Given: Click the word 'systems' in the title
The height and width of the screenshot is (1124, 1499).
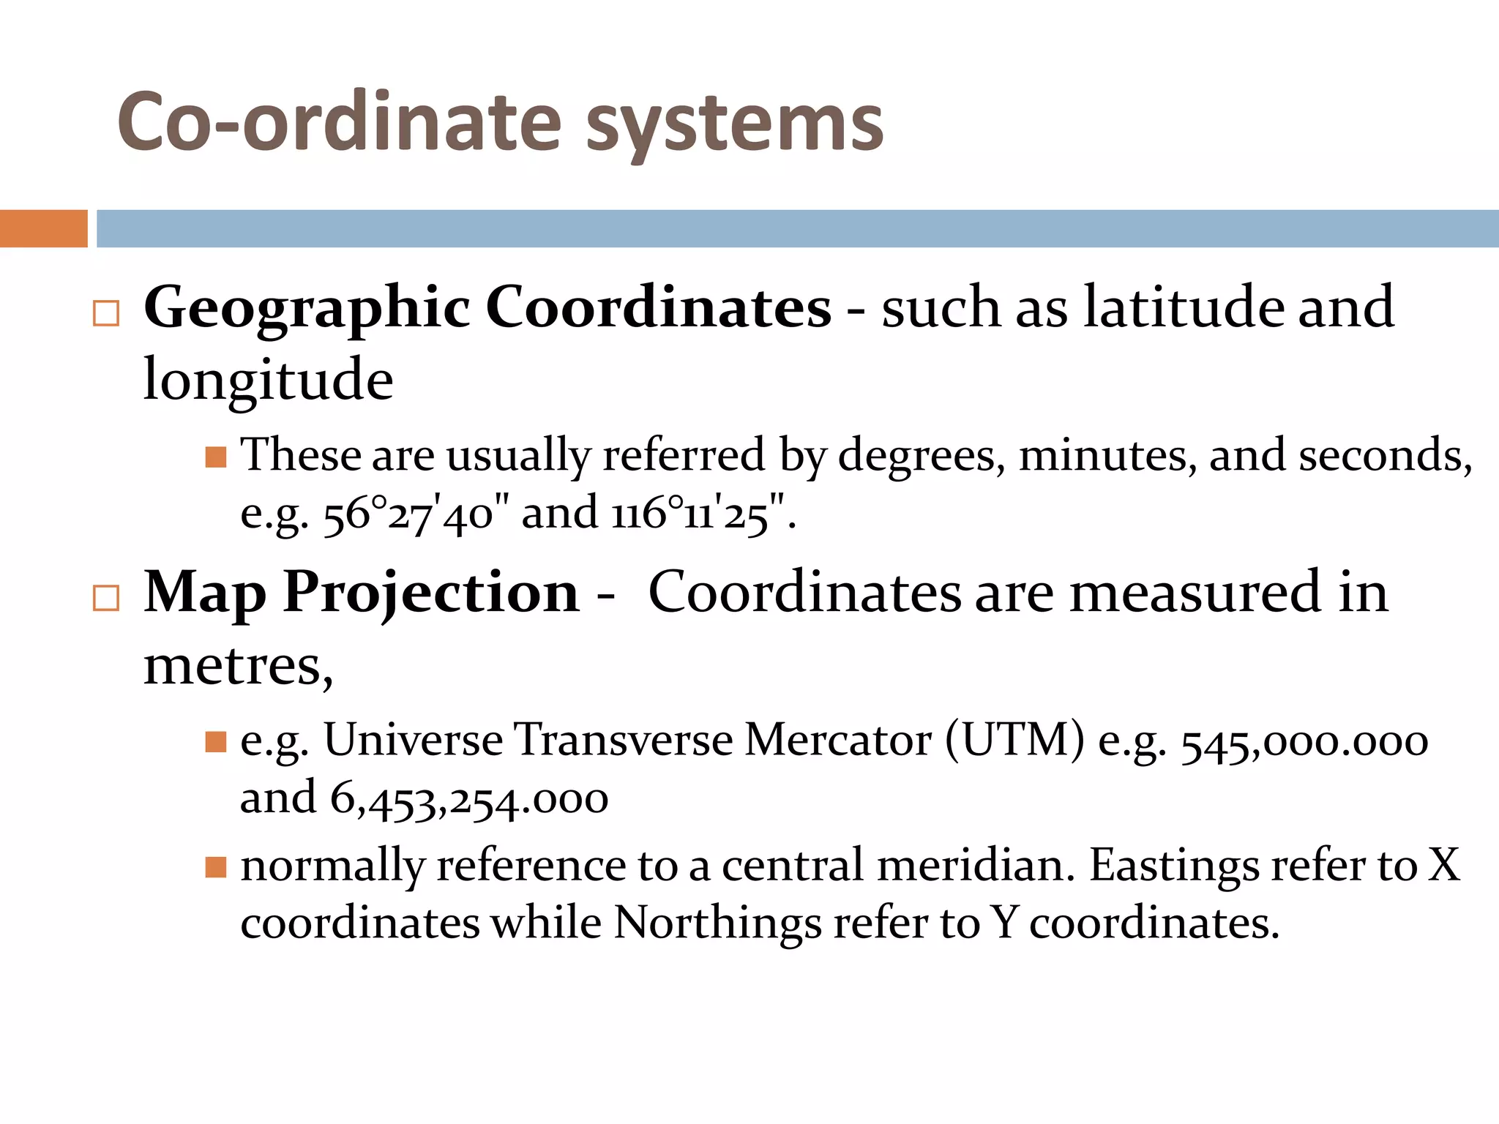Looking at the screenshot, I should [735, 124].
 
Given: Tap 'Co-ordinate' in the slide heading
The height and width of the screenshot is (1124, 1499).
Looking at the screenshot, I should [339, 122].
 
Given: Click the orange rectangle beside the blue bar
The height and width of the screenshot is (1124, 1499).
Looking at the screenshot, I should [43, 228].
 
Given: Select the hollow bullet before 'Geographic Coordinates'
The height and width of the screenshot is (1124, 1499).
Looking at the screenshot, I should [106, 313].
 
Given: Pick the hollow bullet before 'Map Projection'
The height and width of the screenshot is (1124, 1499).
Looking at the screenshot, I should [106, 598].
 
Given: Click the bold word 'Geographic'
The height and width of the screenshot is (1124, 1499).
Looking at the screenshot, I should [307, 309].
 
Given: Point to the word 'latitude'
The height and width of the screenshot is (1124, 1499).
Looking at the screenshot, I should [1184, 307].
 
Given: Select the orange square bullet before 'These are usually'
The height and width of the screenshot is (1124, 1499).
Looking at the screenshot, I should [215, 458].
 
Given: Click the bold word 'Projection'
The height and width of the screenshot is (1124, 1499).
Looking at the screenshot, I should [431, 593].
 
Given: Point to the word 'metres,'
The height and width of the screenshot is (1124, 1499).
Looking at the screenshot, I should [238, 666].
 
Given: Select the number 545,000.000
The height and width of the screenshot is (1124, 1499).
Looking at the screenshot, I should [1304, 742].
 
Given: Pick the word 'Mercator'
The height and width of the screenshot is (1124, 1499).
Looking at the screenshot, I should [838, 741].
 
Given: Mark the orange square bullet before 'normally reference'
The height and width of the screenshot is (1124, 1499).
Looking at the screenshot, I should [215, 868].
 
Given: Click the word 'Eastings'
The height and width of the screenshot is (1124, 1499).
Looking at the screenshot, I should [1173, 866].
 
